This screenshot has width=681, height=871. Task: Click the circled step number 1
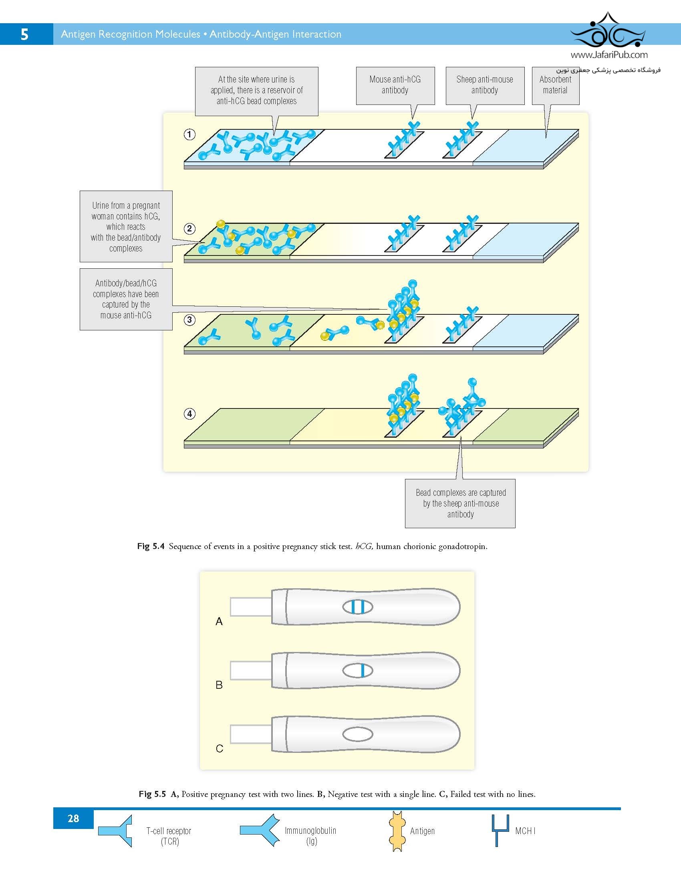pos(189,134)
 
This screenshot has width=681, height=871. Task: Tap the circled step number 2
pos(189,229)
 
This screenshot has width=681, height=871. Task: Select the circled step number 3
pos(189,320)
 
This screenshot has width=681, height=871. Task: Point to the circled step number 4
pos(189,414)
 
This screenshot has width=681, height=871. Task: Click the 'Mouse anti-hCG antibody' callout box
pos(395,86)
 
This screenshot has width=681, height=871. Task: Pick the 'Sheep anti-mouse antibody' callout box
pos(485,86)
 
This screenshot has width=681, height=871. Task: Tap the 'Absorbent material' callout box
pos(555,86)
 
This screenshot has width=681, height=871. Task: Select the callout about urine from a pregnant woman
pos(126,227)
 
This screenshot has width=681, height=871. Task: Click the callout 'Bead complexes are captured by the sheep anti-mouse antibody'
pos(460,503)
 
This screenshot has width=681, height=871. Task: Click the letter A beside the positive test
pos(219,622)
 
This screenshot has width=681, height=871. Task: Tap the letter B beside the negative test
pos(219,685)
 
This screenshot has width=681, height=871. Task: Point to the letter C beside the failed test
pos(220,749)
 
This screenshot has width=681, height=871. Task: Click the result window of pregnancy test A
pos(358,607)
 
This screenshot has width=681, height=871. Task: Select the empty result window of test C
pos(358,734)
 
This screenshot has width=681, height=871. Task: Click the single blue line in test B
pos(363,671)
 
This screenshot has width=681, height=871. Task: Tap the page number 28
pos(73,819)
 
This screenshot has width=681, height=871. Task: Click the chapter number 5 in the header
pos(24,34)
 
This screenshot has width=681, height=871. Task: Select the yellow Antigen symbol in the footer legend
pos(397,831)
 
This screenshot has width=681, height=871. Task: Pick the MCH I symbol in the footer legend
pos(500,830)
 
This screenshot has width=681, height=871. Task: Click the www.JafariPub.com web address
pos(609,55)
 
